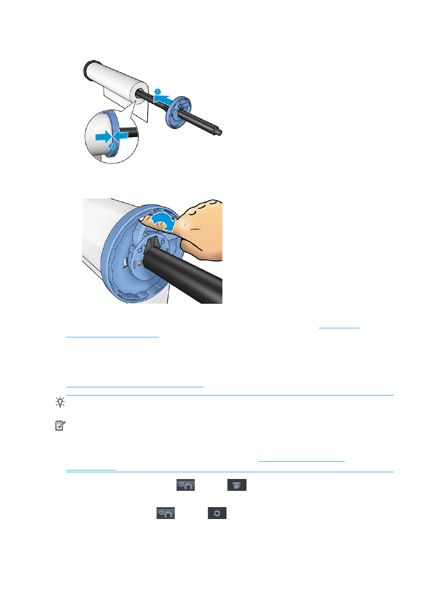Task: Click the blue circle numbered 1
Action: click(157, 92)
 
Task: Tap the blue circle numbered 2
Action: click(112, 146)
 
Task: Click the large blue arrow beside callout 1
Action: click(162, 99)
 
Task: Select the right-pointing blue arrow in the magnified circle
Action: click(103, 137)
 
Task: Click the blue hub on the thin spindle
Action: click(178, 113)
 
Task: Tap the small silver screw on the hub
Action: click(140, 263)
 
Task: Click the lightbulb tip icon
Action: click(60, 402)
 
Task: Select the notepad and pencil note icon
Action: click(60, 425)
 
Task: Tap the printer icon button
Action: click(237, 485)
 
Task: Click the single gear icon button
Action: click(217, 513)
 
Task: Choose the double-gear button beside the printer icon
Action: click(186, 485)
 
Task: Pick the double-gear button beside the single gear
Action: click(166, 513)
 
